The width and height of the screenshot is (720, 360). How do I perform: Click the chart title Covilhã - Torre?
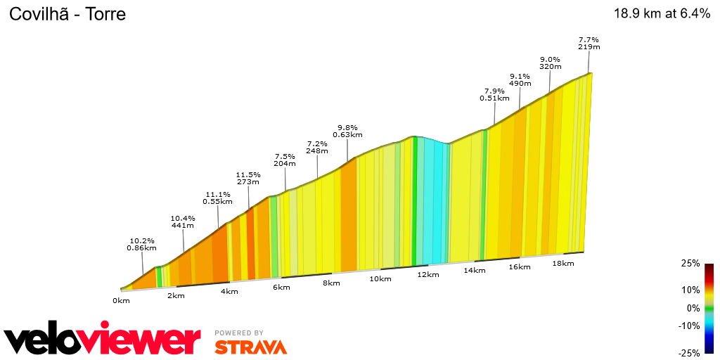(67, 14)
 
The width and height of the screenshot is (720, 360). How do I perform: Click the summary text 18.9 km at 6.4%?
(662, 14)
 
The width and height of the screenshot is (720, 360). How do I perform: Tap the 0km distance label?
(121, 301)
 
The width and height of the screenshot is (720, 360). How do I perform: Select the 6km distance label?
(281, 288)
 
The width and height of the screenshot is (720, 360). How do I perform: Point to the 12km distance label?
(427, 274)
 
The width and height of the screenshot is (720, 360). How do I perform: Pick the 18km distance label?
(563, 263)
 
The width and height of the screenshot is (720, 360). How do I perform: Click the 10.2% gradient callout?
(141, 240)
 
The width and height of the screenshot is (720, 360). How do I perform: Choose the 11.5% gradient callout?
(248, 175)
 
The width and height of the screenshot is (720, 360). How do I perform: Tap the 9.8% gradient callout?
(347, 127)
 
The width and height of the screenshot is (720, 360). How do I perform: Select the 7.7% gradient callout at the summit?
(589, 39)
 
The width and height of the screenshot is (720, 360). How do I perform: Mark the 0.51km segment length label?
(494, 98)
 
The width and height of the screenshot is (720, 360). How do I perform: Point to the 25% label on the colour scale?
(690, 263)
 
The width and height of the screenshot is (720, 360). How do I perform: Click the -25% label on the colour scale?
(689, 353)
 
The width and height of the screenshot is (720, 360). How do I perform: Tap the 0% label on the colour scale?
(693, 308)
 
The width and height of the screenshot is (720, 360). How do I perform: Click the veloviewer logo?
(102, 340)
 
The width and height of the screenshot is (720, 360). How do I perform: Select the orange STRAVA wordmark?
(250, 347)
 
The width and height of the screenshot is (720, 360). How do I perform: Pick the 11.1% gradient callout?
(218, 194)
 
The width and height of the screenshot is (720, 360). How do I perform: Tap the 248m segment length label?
(317, 151)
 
